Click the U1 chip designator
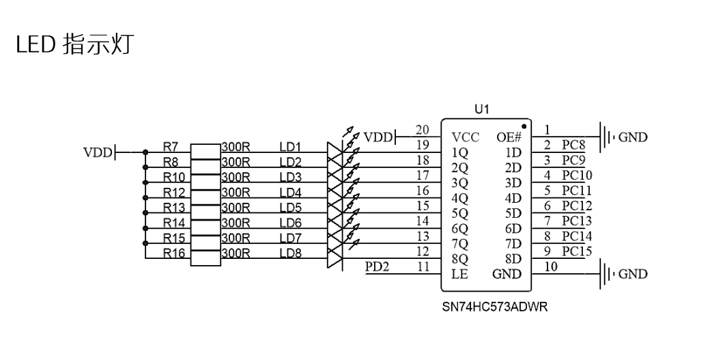[x=482, y=109]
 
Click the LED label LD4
[x=290, y=192]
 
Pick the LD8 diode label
[x=290, y=253]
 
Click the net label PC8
[x=573, y=145]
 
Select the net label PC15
[x=576, y=251]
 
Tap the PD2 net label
[x=377, y=266]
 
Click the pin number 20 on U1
[x=423, y=130]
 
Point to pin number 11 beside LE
[x=423, y=267]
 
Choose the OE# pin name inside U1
[x=509, y=137]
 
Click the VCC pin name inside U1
[x=465, y=137]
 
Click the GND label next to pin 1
[x=632, y=137]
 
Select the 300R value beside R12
[x=236, y=192]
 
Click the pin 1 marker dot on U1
[x=523, y=126]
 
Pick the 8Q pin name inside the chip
[x=459, y=259]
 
